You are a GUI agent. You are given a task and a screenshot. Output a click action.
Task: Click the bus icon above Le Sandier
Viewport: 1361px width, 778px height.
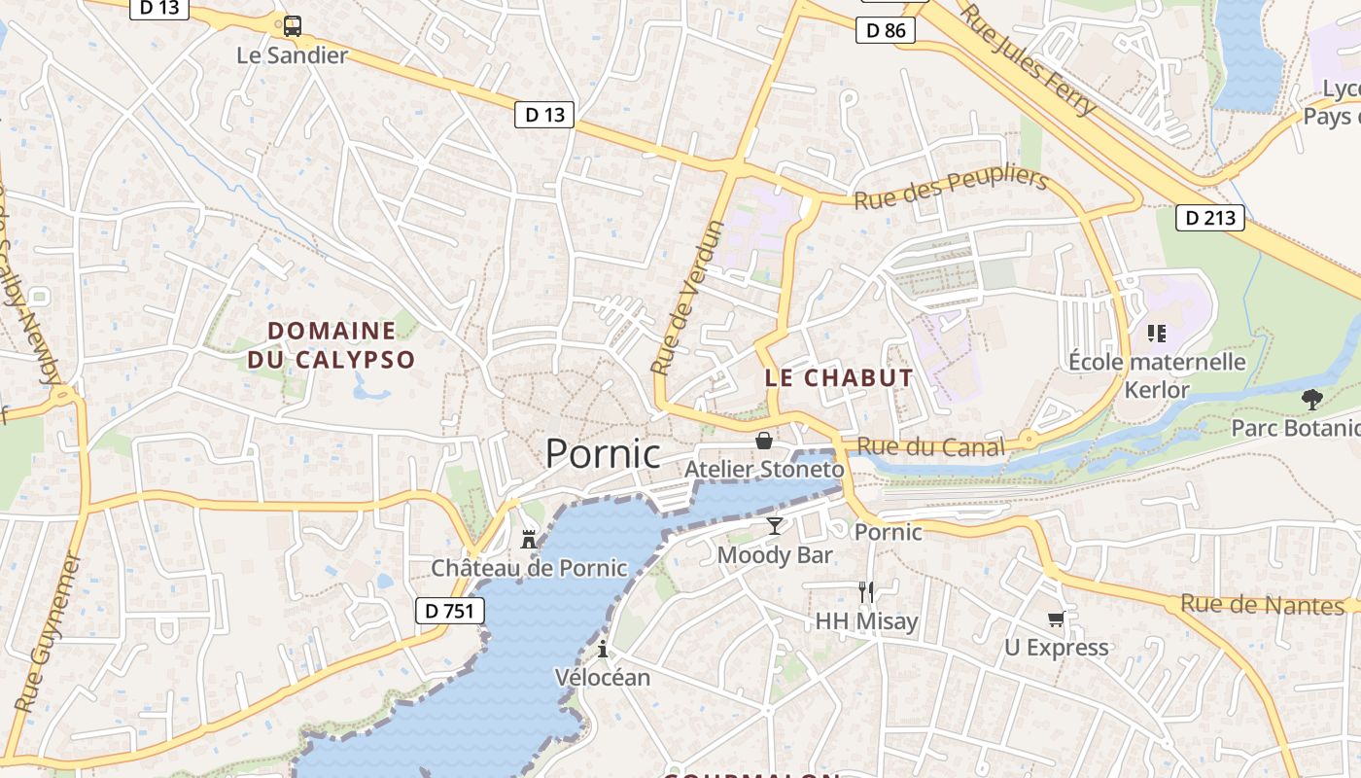coord(292,26)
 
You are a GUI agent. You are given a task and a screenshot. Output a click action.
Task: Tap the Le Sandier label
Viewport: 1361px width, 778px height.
coord(292,55)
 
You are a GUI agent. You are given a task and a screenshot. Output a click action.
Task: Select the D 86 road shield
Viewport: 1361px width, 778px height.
coord(886,30)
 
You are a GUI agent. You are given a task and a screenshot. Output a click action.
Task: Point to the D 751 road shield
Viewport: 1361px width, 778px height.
coord(450,611)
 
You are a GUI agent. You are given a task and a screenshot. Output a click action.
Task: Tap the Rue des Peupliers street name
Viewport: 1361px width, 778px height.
coord(951,190)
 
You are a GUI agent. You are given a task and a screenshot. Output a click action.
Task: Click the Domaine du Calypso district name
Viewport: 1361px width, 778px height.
coord(332,345)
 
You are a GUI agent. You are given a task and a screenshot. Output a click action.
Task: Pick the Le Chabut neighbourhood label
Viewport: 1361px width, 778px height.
coord(839,377)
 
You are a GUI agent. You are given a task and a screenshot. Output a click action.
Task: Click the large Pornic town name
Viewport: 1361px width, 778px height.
coord(603,454)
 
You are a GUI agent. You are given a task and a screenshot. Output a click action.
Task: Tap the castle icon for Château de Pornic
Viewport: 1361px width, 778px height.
coord(529,539)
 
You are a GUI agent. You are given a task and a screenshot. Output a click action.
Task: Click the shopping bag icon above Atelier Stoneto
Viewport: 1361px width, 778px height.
coord(764,441)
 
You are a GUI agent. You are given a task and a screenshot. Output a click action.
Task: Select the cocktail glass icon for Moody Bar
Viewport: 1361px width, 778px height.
coord(774,526)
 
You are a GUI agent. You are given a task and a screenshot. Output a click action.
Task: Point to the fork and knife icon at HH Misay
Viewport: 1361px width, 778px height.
coord(865,591)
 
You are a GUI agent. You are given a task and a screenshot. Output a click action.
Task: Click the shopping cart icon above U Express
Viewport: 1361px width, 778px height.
coord(1056,619)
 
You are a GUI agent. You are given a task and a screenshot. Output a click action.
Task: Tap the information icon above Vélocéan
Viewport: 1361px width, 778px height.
coord(603,649)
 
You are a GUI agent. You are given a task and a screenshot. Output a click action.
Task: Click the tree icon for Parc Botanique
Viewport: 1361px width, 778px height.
coord(1311,399)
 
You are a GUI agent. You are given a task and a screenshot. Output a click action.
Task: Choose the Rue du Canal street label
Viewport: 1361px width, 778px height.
coord(931,447)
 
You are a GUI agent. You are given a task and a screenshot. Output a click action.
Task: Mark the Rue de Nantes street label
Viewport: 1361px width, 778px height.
coord(1262,605)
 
